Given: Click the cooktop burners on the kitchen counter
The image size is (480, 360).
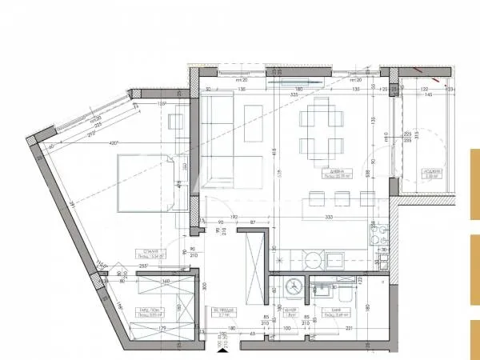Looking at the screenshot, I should point(379,237).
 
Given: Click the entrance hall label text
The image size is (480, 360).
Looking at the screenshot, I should point(220,314).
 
